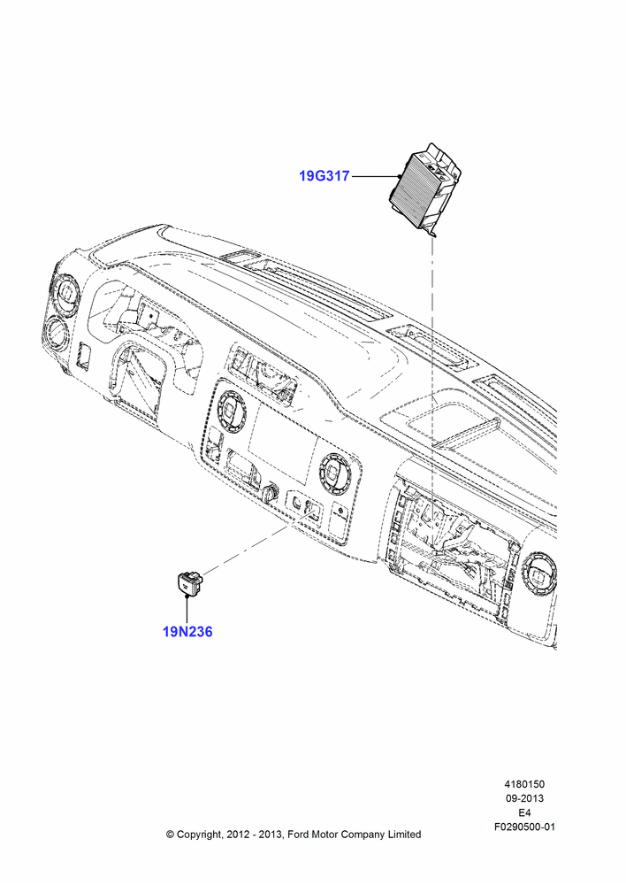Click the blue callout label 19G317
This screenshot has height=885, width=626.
[x=324, y=176]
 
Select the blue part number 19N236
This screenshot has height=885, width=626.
[x=187, y=632]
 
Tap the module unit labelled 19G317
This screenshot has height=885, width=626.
[x=426, y=189]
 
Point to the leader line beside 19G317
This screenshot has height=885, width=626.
[x=375, y=177]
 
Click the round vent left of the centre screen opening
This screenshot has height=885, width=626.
[x=230, y=410]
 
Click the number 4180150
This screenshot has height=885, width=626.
[x=524, y=784]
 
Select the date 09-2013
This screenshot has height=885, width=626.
[x=524, y=798]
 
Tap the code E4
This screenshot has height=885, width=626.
[x=524, y=812]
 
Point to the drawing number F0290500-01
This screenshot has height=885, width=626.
[x=524, y=827]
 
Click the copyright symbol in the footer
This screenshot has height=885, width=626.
[x=170, y=835]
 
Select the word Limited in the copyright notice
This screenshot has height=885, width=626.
[x=404, y=835]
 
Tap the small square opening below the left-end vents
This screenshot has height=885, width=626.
[x=85, y=356]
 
